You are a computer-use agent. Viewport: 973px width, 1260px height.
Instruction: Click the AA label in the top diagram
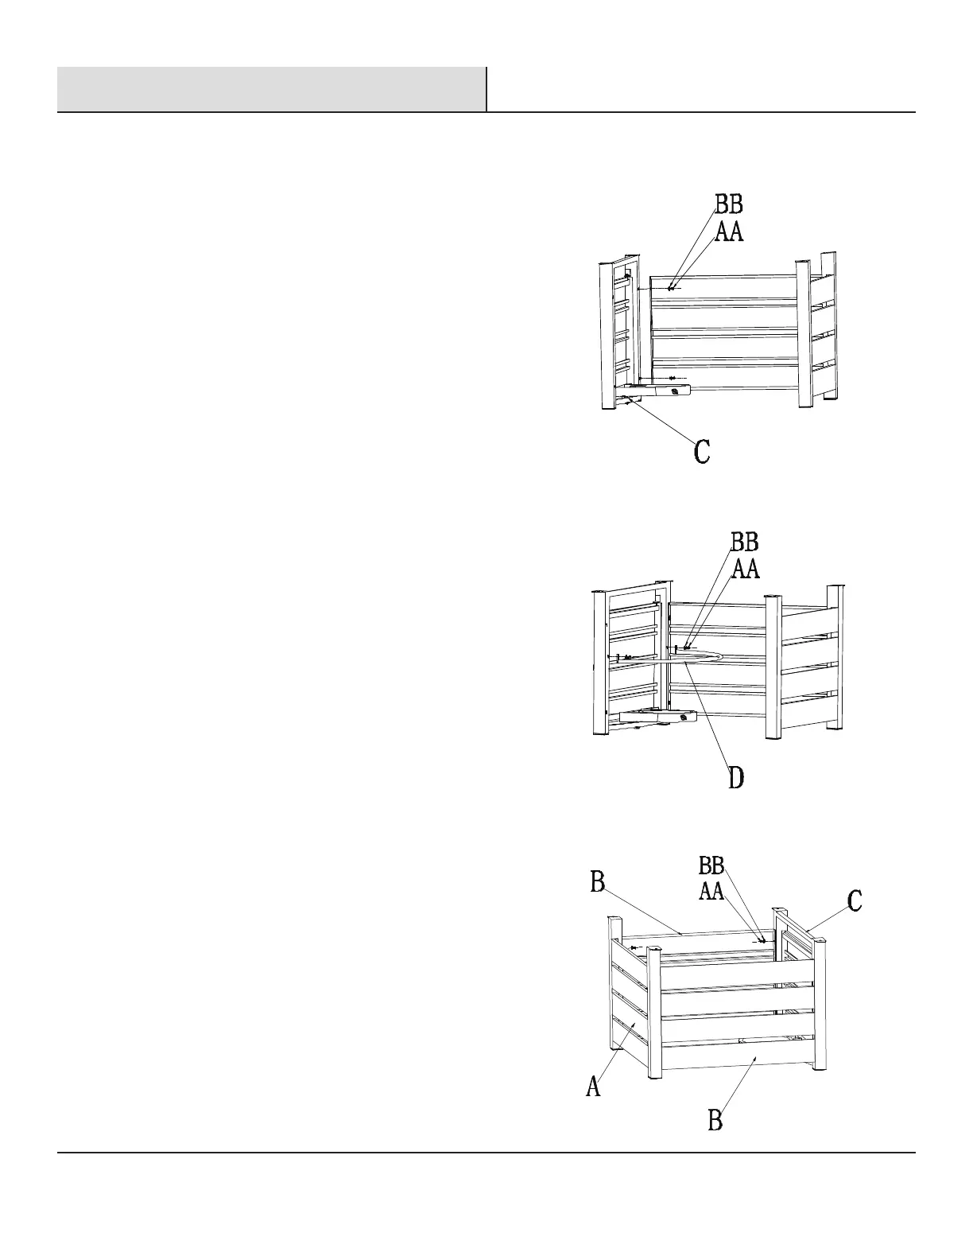coord(729,231)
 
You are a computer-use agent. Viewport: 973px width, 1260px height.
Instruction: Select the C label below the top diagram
coord(702,452)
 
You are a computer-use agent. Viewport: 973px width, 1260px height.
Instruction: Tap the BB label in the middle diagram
coord(745,542)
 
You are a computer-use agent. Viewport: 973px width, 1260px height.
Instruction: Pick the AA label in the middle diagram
coord(746,569)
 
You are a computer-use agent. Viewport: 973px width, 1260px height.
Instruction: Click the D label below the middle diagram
coord(737,777)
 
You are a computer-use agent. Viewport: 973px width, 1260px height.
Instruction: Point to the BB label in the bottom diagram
coord(711,865)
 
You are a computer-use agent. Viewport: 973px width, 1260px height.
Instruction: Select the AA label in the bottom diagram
coord(711,891)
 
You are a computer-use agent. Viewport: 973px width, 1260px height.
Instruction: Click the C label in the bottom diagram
coord(855,901)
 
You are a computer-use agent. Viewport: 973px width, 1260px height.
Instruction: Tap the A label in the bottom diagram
coord(593,1086)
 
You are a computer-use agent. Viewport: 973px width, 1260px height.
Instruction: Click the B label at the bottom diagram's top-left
coord(598,882)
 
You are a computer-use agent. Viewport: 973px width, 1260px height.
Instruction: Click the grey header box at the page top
coord(271,89)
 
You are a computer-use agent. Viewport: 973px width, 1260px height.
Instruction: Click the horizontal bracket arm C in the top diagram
coord(660,390)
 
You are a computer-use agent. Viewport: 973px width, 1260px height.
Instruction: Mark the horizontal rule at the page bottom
coord(486,1152)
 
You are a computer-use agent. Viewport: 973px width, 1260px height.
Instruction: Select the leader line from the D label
coord(712,716)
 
